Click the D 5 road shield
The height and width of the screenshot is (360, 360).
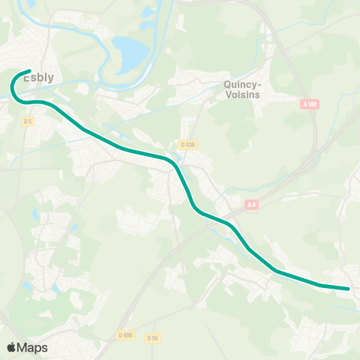point(28,121)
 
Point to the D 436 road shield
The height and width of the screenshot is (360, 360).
point(188,144)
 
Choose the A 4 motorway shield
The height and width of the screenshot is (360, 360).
point(252,204)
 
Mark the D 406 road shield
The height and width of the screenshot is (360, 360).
point(126,335)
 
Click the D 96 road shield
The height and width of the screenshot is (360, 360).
point(152,338)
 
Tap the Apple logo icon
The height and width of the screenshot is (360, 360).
point(10,347)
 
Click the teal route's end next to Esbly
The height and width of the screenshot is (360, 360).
point(28,72)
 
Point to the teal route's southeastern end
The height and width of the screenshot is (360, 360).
point(349,288)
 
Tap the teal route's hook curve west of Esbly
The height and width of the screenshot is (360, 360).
point(13,88)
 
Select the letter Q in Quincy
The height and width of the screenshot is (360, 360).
point(227,85)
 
